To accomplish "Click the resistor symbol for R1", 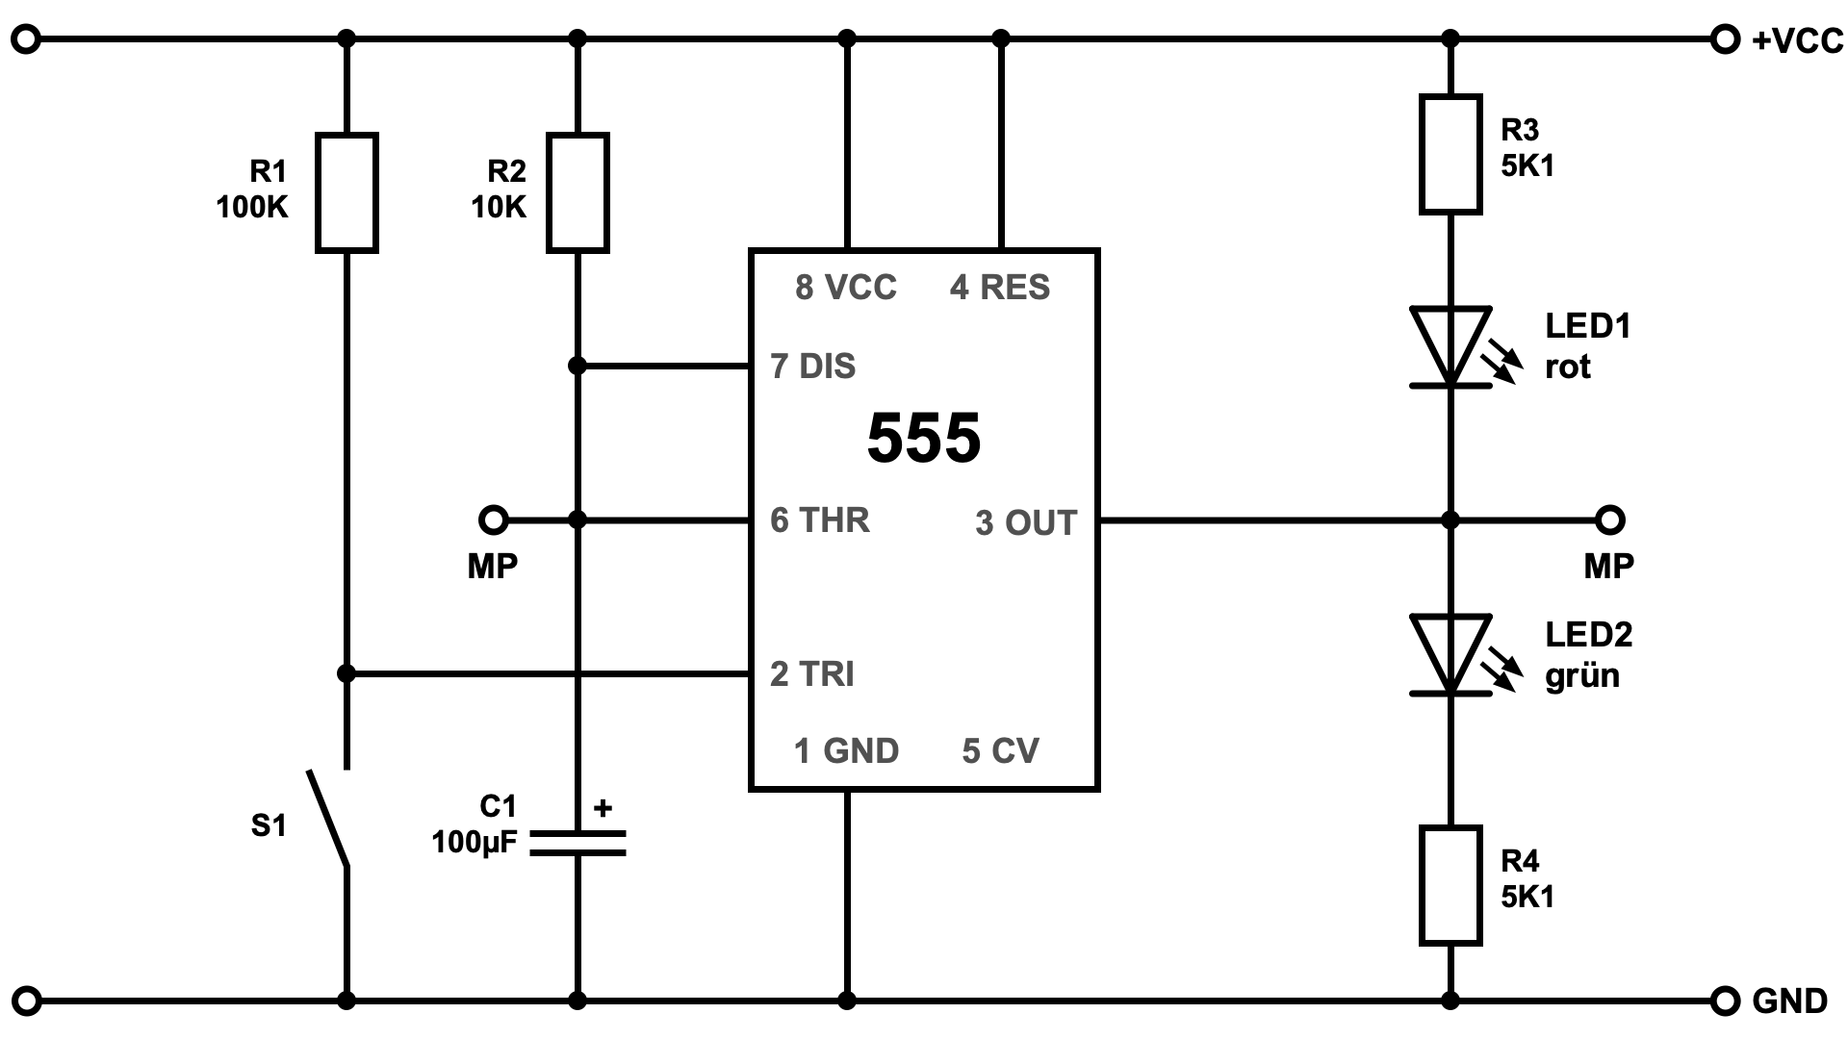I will point(346,192).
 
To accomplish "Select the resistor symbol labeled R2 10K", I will point(577,192).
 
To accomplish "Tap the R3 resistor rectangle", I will point(1450,154).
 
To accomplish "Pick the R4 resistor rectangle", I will point(1450,885).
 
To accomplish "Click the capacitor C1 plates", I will point(577,843).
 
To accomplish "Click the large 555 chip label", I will point(923,439).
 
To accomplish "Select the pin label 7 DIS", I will point(813,367).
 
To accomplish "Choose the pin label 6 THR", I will point(820,520).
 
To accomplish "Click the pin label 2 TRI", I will point(812,674).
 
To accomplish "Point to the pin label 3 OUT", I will point(1026,523).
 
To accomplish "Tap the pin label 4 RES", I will point(1000,288).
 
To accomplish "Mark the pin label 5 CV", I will point(1000,751).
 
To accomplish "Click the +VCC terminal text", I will point(1797,40).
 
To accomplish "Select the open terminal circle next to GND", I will point(1726,1001).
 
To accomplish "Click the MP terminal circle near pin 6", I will point(493,520).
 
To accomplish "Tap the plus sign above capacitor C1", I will point(603,808).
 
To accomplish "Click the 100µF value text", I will point(474,843).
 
